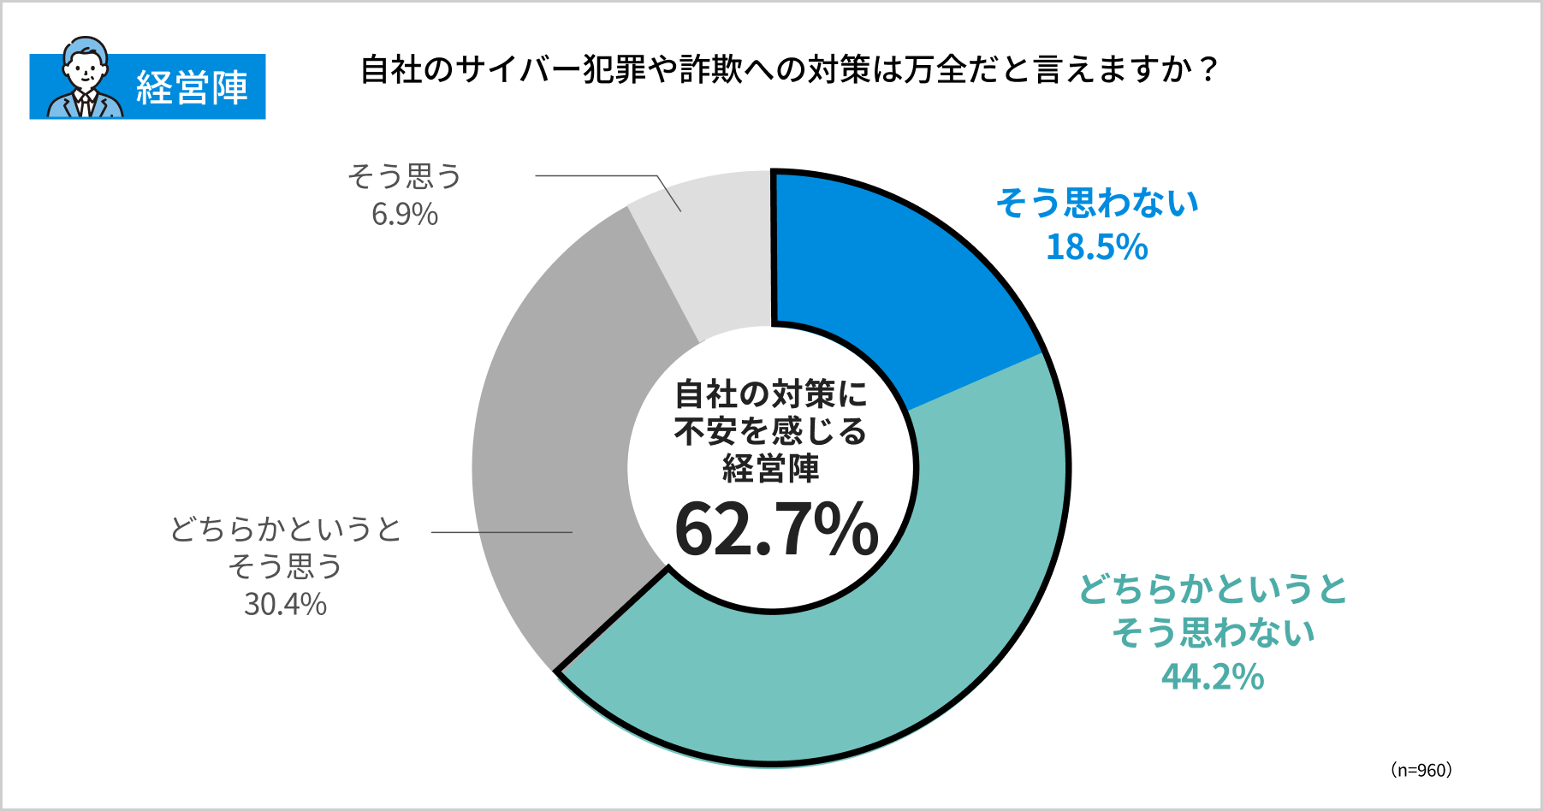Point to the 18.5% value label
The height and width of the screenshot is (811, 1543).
[x=1096, y=248]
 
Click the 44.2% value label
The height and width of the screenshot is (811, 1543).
[x=1213, y=678]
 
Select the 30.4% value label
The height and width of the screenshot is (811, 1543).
[x=285, y=605]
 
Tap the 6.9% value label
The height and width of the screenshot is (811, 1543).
[x=404, y=215]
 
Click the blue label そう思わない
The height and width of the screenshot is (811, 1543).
[x=1097, y=204]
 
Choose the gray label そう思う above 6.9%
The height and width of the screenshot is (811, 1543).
[x=404, y=177]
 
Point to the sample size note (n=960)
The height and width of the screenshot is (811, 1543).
[x=1421, y=770]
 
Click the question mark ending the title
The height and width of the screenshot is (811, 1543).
[x=1208, y=69]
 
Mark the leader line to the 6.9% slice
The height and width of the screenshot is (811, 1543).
[x=599, y=176]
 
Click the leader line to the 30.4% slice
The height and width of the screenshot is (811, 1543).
[x=501, y=532]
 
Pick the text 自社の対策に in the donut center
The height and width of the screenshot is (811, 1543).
[x=771, y=394]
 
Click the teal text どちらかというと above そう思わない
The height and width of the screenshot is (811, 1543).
[x=1213, y=589]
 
